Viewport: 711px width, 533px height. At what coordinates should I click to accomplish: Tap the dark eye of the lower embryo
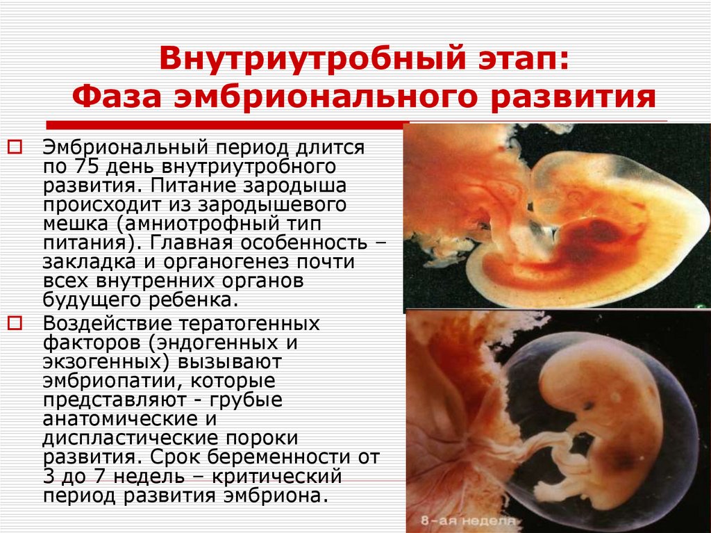[x=588, y=405]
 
